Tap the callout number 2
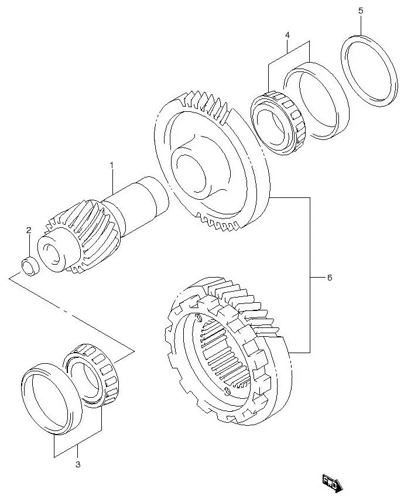click(x=28, y=230)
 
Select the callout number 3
click(x=77, y=465)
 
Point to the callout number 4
click(x=287, y=36)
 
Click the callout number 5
click(x=360, y=11)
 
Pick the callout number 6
click(x=329, y=278)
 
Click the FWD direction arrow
click(x=332, y=483)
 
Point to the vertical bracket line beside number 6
click(x=310, y=275)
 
